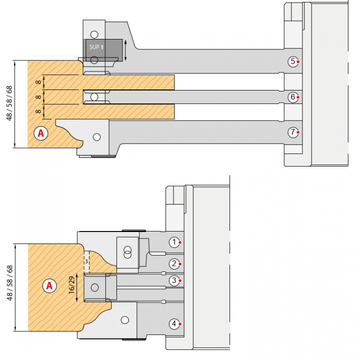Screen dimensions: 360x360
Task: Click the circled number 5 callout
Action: tap(293, 61)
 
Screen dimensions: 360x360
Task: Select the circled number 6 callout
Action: tap(293, 97)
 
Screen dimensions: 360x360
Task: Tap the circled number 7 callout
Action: tap(293, 132)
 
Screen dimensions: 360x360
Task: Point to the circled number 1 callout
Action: tap(174, 242)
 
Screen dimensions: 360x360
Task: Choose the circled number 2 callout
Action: tap(174, 264)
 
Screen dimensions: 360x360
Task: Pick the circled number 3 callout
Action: tap(174, 280)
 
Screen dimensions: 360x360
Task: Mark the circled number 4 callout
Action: tap(174, 324)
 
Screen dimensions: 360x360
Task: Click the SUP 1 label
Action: tap(96, 47)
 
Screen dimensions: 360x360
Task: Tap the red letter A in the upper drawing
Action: tap(41, 133)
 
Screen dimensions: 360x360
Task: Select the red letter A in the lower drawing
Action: tap(49, 286)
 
